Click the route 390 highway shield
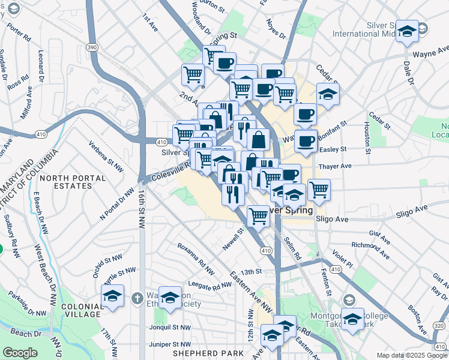[x=92, y=47]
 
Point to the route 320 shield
[x=439, y=325]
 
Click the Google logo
[x=20, y=352]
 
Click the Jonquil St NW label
[x=170, y=328]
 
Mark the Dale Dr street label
[x=409, y=71]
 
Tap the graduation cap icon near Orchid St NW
[x=112, y=296]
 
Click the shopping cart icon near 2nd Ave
[x=193, y=74]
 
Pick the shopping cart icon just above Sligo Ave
[x=258, y=215]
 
